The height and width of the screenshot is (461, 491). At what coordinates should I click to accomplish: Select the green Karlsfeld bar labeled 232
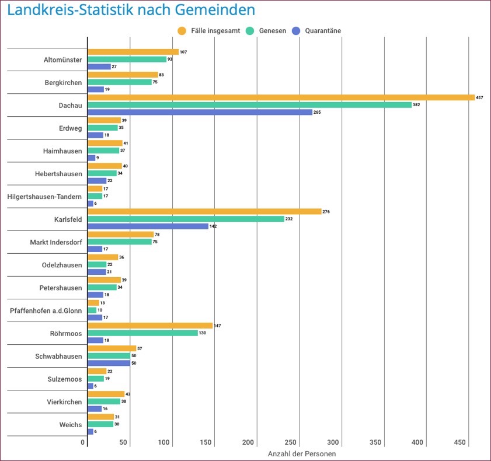[x=186, y=219]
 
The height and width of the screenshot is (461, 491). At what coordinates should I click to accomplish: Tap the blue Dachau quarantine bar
[x=200, y=112]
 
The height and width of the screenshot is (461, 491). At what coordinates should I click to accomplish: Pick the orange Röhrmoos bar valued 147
[x=150, y=326]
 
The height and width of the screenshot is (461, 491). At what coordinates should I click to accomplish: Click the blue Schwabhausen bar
[x=109, y=363]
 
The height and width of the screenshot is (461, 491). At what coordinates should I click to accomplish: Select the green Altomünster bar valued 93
[x=127, y=59]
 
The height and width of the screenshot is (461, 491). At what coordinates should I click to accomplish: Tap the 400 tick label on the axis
[x=418, y=443]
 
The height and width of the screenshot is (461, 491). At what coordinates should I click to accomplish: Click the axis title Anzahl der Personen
[x=302, y=453]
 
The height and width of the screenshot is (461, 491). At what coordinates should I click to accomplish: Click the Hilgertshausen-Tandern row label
[x=44, y=197]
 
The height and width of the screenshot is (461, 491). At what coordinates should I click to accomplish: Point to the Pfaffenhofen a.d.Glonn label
[x=46, y=310]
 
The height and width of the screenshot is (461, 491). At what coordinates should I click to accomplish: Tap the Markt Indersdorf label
[x=56, y=242]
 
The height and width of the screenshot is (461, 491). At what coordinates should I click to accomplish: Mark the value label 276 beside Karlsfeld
[x=326, y=211]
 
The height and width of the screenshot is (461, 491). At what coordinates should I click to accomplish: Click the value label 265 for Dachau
[x=318, y=112]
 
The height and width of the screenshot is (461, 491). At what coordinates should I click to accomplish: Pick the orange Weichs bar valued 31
[x=100, y=417]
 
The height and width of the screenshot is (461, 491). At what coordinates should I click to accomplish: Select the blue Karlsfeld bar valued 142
[x=148, y=226]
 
